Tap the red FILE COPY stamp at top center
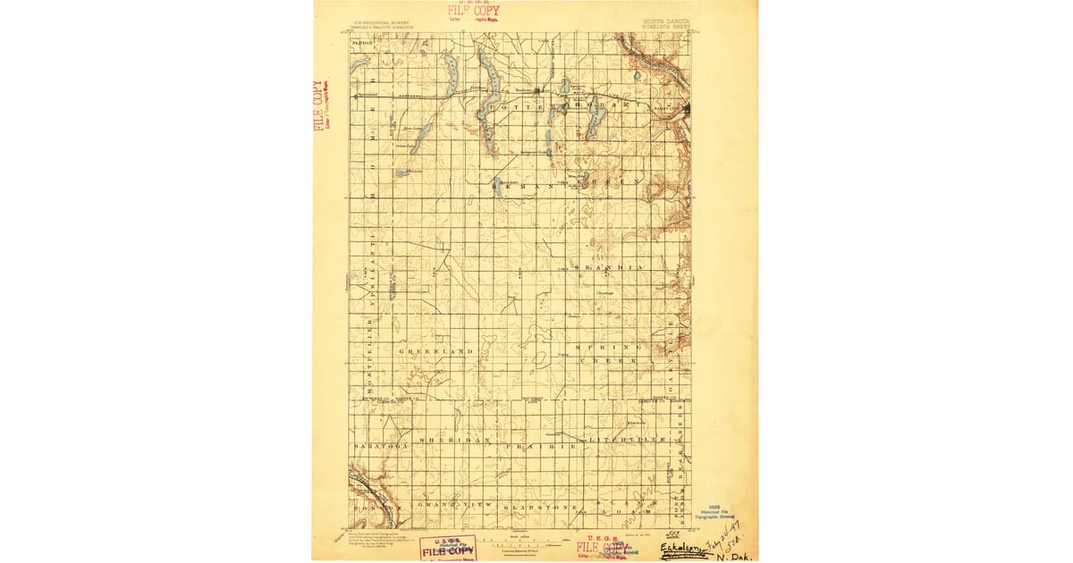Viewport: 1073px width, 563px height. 474,11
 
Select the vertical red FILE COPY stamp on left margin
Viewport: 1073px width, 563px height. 318,105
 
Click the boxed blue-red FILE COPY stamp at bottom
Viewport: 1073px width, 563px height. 448,547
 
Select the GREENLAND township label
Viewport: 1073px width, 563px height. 435,352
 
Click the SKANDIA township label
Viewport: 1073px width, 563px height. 608,268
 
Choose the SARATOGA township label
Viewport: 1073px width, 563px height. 379,443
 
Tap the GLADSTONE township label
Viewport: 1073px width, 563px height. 532,508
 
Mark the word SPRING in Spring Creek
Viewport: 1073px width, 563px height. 609,346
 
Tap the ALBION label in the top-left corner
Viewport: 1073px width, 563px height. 362,42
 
